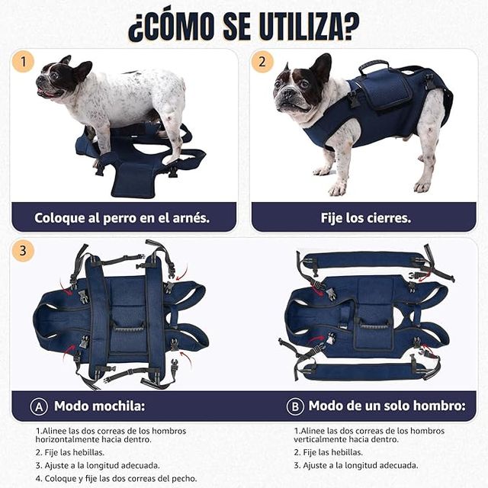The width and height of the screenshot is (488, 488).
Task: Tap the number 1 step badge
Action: click(24, 62)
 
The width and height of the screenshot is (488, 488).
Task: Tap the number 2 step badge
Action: click(263, 62)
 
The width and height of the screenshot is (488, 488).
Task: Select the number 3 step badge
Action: click(24, 250)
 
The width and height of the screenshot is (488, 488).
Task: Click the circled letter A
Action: click(39, 406)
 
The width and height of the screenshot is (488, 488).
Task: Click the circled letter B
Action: click(294, 406)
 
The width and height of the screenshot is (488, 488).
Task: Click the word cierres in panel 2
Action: click(385, 218)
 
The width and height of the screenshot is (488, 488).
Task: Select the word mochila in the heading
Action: click(117, 406)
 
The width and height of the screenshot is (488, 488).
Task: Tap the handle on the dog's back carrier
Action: click(374, 67)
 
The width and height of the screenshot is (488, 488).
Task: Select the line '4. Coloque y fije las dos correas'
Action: click(115, 478)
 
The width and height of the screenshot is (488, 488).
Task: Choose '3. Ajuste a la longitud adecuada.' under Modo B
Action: click(356, 464)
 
